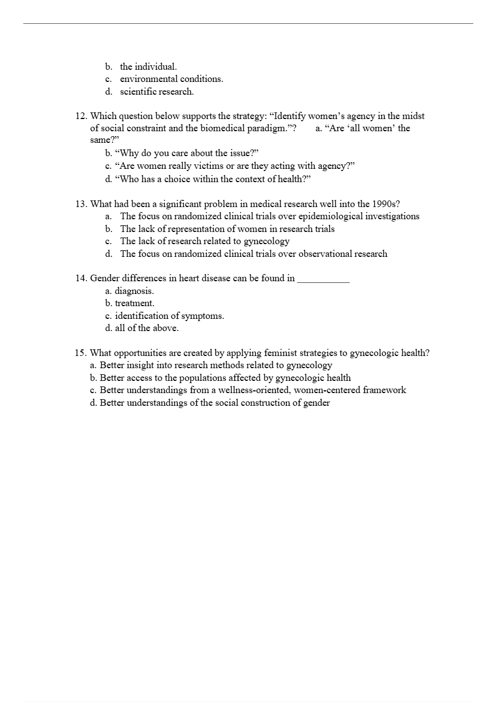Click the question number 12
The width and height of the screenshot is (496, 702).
[x=81, y=116]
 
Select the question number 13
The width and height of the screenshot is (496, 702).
[x=81, y=204]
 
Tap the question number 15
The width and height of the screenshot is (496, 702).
[x=81, y=353]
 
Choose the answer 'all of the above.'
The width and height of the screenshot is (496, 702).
[x=147, y=328]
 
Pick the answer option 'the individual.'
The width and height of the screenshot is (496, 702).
[x=148, y=67]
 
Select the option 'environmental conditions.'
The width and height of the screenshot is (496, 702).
[x=172, y=79]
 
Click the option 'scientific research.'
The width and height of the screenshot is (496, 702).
[x=157, y=92]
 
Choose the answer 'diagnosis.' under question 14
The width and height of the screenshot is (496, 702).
[x=134, y=291]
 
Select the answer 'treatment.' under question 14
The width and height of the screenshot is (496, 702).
[x=135, y=303]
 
